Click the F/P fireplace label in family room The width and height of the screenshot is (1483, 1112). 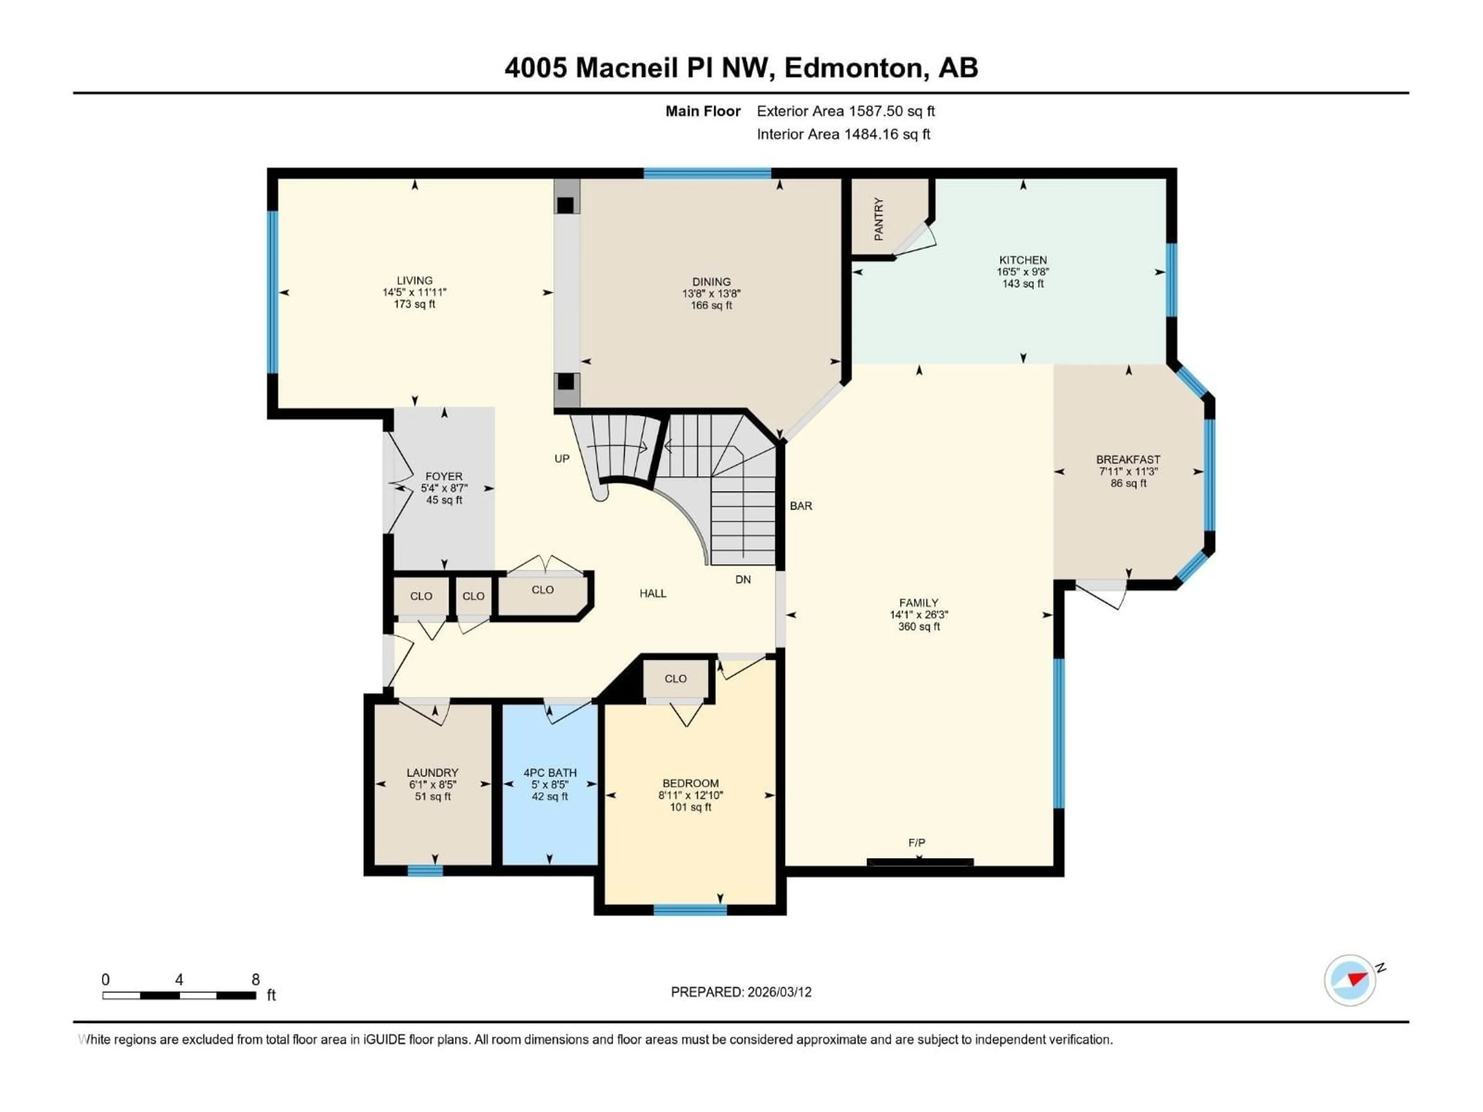[916, 842]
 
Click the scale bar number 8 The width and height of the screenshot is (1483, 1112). [255, 979]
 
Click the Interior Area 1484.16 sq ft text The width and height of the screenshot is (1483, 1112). [843, 134]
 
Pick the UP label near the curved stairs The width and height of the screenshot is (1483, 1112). [562, 458]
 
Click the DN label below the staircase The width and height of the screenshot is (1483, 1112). [743, 579]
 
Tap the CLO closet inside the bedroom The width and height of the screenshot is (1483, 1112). [676, 678]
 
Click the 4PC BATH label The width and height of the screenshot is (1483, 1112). [550, 773]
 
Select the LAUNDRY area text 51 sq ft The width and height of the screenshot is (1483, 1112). [433, 796]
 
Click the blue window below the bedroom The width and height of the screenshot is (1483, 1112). [690, 910]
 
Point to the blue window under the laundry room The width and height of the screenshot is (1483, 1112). [425, 871]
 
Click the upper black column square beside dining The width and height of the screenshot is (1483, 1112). [565, 205]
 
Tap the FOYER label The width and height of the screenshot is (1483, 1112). [444, 476]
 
